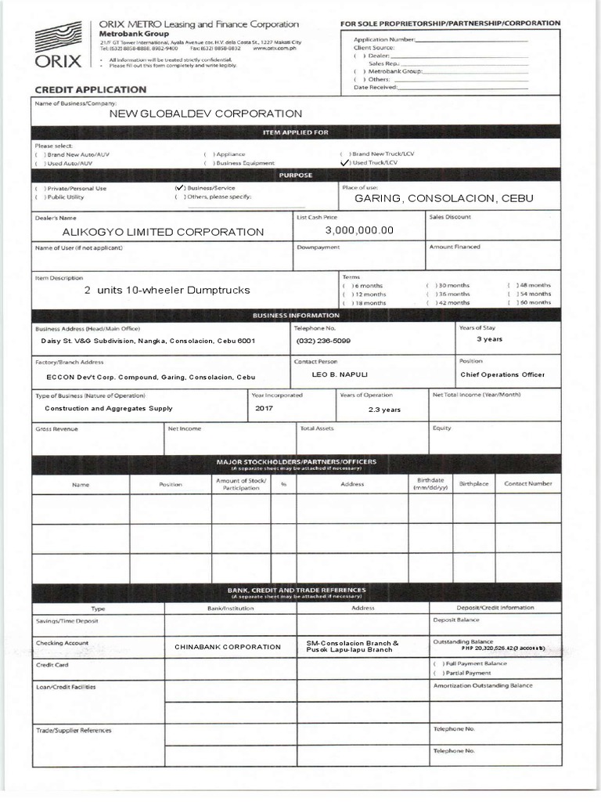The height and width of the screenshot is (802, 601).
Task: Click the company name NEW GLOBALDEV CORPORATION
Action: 205,114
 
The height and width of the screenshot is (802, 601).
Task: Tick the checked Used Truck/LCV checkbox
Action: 344,163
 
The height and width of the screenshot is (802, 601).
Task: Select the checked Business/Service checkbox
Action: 180,188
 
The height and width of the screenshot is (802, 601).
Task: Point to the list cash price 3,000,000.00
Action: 359,230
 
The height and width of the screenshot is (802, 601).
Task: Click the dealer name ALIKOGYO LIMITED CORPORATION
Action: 163,232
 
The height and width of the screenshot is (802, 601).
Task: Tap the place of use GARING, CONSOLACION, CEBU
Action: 444,198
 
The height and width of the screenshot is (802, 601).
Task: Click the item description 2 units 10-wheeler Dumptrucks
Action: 167,290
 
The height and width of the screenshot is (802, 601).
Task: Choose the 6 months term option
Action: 345,286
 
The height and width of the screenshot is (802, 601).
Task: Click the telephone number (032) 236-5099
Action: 323,341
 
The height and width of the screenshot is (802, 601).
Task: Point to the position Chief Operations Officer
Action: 502,374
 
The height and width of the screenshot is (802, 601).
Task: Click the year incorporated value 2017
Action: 264,408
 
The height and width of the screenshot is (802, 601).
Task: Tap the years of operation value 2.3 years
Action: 384,409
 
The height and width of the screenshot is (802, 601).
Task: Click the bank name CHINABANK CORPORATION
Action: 227,647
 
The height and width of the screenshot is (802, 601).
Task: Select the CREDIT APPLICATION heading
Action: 90,90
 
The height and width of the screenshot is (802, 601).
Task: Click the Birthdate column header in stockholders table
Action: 430,484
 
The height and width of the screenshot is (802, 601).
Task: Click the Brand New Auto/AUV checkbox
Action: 38,154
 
